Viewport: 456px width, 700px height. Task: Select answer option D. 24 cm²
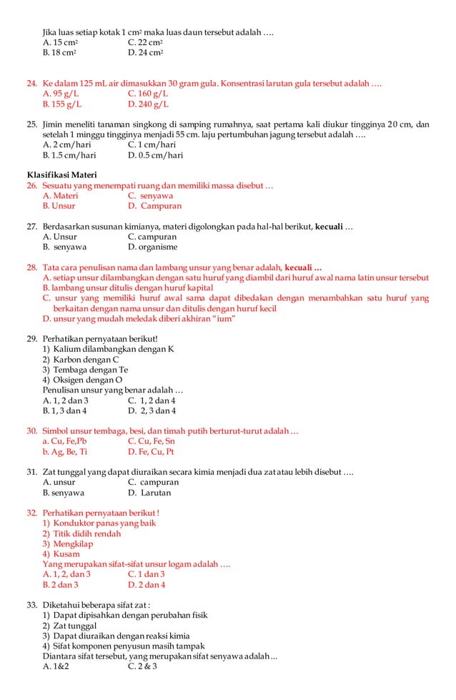(x=146, y=53)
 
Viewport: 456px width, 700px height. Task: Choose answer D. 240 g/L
(x=148, y=104)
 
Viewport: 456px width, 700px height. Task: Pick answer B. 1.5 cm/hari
(x=69, y=155)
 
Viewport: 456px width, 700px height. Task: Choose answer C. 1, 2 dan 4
(x=152, y=400)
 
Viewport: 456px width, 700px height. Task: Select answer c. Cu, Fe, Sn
(x=151, y=442)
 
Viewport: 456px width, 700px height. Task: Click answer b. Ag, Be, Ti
(x=65, y=452)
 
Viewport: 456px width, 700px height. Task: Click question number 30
(x=31, y=431)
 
